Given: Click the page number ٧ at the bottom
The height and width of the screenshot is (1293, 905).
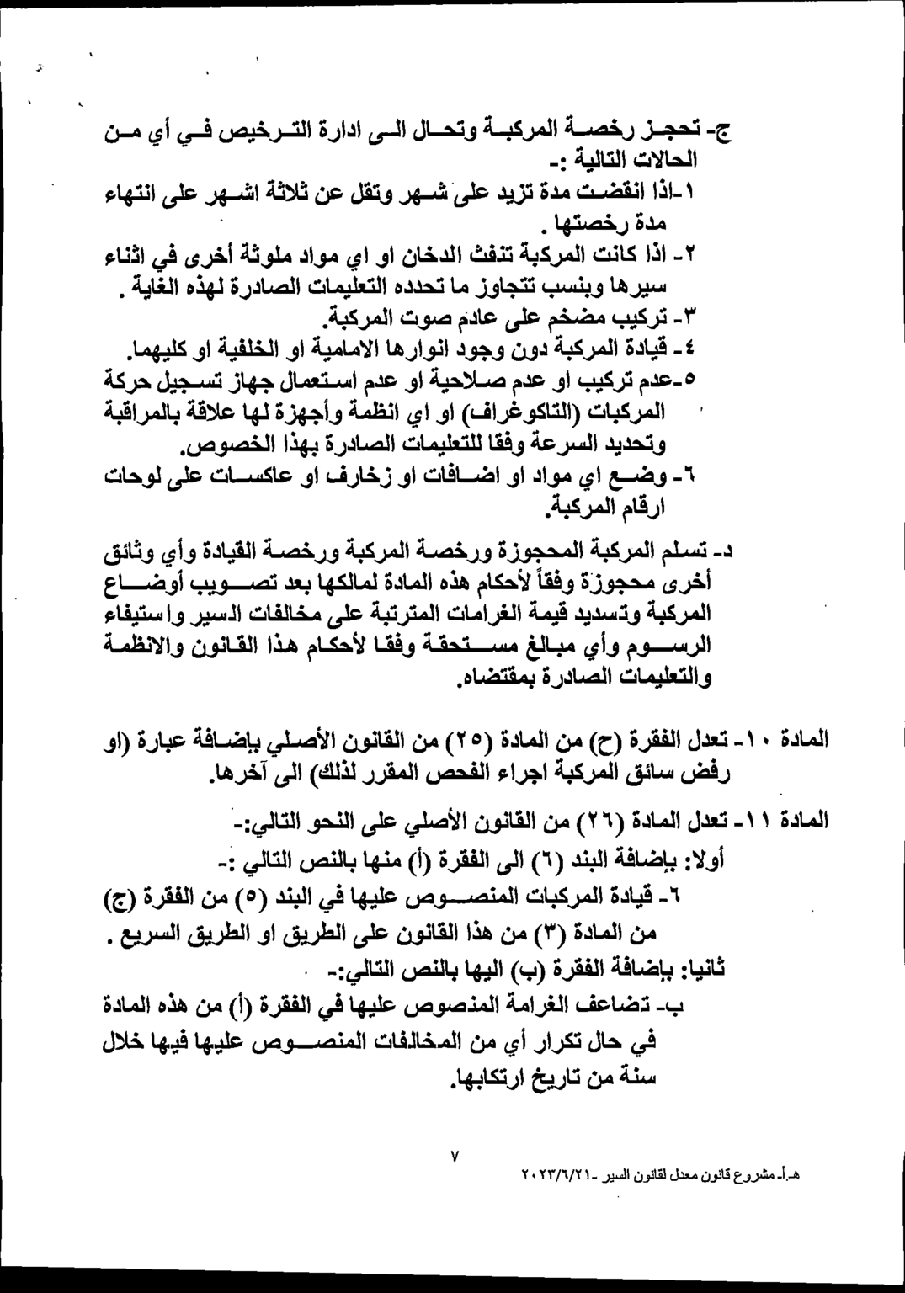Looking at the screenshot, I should coord(455,1157).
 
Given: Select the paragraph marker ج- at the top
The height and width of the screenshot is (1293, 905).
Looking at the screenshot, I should coord(721,132).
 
